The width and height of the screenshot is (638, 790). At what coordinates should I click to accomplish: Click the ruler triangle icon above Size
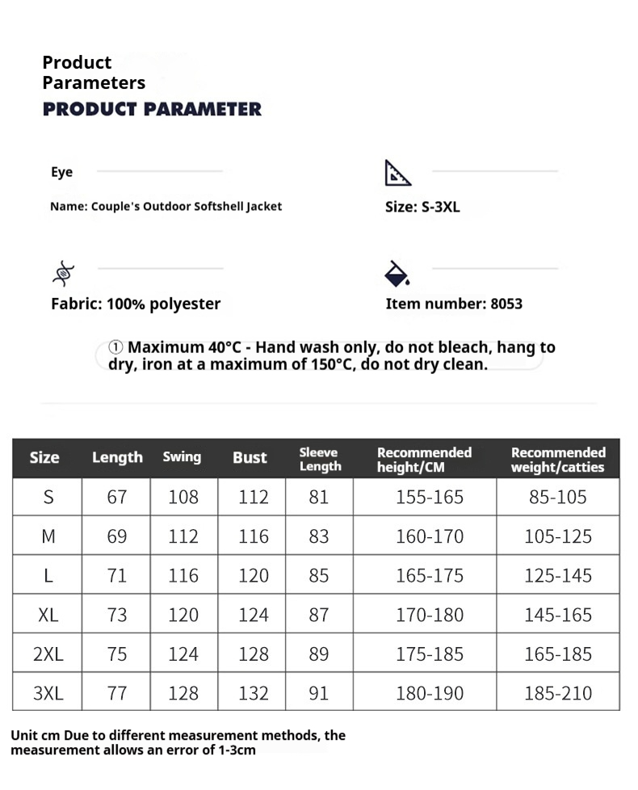(397, 172)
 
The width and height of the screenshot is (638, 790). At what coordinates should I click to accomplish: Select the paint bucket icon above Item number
(397, 274)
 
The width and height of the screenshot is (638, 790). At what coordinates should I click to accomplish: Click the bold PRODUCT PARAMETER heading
(152, 109)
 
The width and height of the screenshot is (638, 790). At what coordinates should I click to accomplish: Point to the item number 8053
(506, 305)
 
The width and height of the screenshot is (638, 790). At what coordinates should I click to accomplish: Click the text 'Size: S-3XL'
(422, 207)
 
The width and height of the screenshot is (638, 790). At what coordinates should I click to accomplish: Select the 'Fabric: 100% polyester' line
(136, 305)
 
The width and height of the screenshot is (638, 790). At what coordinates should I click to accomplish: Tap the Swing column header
(182, 457)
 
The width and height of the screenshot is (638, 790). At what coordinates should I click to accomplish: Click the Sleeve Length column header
(320, 459)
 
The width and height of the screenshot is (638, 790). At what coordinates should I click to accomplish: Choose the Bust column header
(250, 458)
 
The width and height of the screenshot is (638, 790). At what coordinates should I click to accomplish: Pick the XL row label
(48, 615)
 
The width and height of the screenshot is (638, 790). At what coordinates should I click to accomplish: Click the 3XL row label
(48, 693)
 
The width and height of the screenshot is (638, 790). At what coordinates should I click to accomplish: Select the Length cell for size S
(117, 497)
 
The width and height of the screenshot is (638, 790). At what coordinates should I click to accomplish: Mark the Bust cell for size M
(253, 536)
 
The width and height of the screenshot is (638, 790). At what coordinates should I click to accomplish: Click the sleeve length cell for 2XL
(319, 654)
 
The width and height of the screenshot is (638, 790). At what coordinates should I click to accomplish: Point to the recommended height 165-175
(430, 576)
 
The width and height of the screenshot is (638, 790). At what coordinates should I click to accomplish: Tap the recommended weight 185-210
(558, 693)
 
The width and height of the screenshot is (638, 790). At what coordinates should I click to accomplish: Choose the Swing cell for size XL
(183, 615)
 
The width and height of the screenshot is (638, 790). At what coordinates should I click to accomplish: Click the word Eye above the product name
(61, 172)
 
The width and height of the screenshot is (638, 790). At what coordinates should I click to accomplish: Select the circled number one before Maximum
(116, 347)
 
